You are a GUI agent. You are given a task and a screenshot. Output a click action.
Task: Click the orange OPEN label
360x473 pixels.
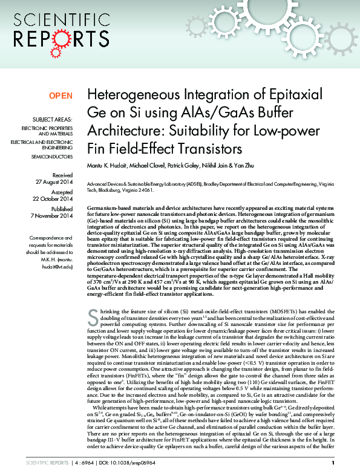tap(61, 96)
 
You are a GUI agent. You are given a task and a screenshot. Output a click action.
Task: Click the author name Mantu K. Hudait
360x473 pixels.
tap(109, 165)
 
